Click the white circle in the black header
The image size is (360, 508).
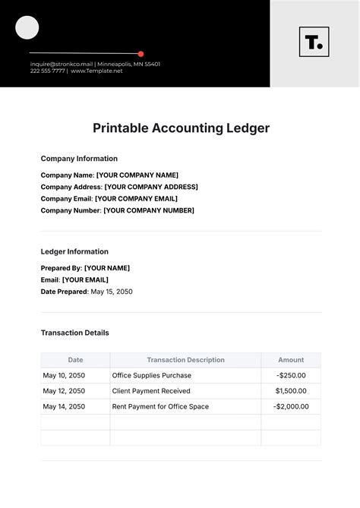[27, 28]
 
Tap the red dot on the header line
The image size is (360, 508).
[141, 54]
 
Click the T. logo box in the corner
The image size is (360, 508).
[314, 43]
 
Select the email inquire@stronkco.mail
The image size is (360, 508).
[61, 65]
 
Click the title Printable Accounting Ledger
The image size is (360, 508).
[181, 128]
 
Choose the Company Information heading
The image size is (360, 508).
[79, 159]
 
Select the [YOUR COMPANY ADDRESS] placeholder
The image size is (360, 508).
[150, 187]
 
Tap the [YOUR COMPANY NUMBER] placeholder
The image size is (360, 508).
[149, 210]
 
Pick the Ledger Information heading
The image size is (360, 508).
[74, 251]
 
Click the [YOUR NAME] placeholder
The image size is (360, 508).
[106, 268]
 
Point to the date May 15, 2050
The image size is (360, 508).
[111, 292]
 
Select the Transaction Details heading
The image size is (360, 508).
[74, 333]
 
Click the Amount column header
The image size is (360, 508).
[291, 360]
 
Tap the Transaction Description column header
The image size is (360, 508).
[185, 360]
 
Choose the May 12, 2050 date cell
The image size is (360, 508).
[64, 391]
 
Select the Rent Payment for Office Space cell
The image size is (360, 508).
[160, 406]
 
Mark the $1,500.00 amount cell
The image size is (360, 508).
[291, 391]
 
